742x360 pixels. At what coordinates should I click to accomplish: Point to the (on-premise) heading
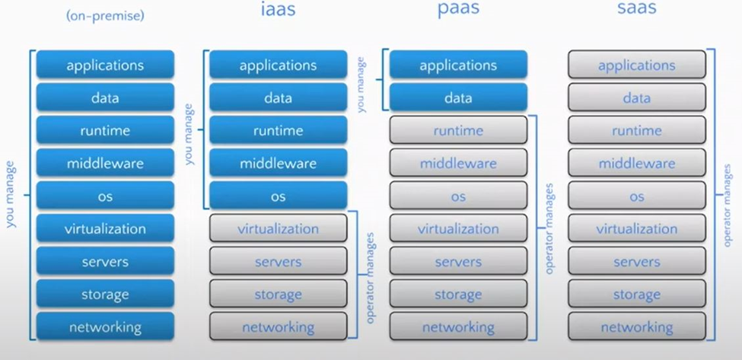105,14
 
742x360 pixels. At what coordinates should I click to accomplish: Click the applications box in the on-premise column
105,65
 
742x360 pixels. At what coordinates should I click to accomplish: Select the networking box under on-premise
105,327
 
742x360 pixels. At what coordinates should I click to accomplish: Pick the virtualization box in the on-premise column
105,228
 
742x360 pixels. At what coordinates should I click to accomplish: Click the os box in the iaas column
278,196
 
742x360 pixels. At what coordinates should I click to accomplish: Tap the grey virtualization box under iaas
278,228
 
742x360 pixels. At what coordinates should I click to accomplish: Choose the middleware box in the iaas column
278,163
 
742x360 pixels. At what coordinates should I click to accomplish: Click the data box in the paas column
458,98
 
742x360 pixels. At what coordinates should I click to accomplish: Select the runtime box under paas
458,131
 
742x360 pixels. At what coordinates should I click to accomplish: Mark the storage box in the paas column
458,295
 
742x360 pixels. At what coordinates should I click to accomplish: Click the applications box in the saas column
637,65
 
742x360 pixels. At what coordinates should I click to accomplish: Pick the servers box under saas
637,262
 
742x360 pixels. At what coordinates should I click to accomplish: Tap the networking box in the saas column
637,327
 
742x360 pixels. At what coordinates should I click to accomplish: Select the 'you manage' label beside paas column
361,82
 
